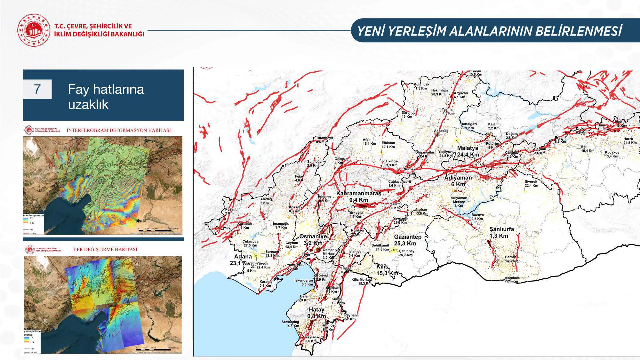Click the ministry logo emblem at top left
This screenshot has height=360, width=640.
point(34,30)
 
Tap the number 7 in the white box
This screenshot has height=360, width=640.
point(37,89)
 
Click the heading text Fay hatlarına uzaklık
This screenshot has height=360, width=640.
point(106,97)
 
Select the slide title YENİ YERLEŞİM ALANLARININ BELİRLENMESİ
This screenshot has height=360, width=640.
point(489,31)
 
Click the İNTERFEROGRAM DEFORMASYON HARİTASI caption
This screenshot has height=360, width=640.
point(118,130)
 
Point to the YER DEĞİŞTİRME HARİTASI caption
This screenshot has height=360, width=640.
point(105,249)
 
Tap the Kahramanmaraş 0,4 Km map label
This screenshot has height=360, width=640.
point(358,197)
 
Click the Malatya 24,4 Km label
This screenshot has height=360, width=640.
point(468,151)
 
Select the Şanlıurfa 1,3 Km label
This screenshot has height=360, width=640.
point(501,233)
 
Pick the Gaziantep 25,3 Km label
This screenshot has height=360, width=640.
point(407,240)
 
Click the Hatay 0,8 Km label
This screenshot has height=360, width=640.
point(316,313)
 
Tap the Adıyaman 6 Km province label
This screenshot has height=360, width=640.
point(458,181)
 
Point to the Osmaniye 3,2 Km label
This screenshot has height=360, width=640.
point(313,240)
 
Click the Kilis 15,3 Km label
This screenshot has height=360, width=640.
point(387,270)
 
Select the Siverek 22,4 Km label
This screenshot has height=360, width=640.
point(531,183)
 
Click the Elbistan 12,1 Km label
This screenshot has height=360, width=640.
point(388,145)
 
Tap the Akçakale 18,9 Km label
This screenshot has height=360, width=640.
point(512,280)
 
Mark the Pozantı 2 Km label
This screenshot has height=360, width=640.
point(229,211)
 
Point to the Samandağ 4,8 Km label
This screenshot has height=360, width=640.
point(290,324)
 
